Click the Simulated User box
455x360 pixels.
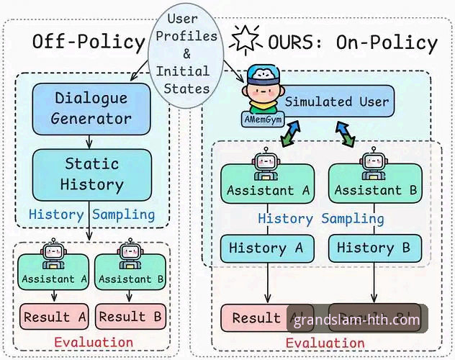click(337, 102)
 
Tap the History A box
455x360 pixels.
click(267, 248)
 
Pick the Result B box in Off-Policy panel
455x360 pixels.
click(132, 316)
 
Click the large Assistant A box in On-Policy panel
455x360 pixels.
click(267, 189)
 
